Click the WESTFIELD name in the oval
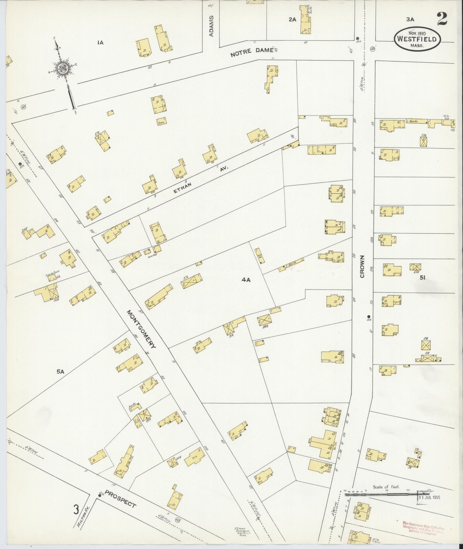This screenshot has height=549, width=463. tap(417, 40)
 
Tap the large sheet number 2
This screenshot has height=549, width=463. tap(443, 20)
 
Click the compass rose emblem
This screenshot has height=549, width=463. tap(62, 68)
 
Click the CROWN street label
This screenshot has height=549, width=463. tap(362, 266)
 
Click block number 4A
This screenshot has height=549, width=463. tap(246, 280)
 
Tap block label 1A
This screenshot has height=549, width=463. tap(100, 43)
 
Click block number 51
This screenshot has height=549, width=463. tap(422, 278)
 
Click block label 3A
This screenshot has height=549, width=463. tap(410, 20)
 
